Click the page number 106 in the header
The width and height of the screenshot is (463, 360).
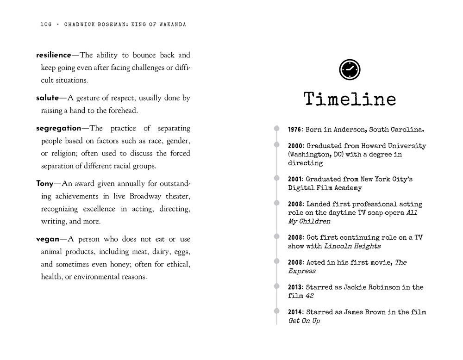pyautogui.click(x=46, y=25)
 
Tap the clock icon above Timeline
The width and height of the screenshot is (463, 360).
pyautogui.click(x=350, y=69)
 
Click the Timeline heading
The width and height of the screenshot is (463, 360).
pyautogui.click(x=350, y=99)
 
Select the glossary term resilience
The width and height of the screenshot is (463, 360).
pyautogui.click(x=53, y=55)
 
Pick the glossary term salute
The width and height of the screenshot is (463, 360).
pyautogui.click(x=47, y=98)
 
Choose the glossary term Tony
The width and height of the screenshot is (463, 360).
pyautogui.click(x=44, y=184)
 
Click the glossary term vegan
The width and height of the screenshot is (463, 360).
pyautogui.click(x=47, y=239)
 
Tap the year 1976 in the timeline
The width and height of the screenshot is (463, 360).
pyautogui.click(x=295, y=130)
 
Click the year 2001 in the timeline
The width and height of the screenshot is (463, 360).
pyautogui.click(x=295, y=179)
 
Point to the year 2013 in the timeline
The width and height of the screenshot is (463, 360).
pyautogui.click(x=295, y=287)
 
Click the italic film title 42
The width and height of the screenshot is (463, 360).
pyautogui.click(x=310, y=296)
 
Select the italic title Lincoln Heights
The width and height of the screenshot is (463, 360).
pyautogui.click(x=352, y=246)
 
